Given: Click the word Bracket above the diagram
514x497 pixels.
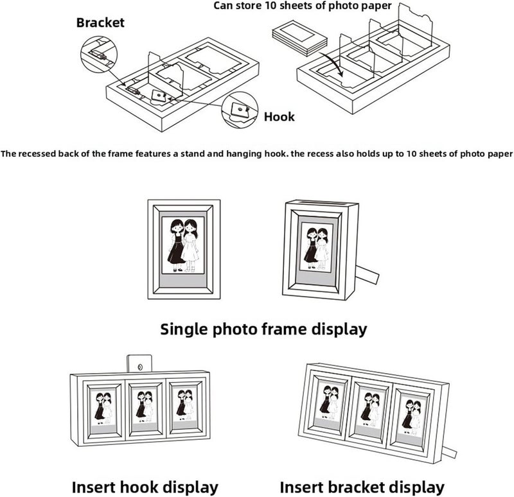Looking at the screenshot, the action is [x=100, y=22].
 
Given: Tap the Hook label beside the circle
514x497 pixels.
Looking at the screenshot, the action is [x=279, y=117].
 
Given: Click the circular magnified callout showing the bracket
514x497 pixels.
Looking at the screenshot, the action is [x=99, y=55].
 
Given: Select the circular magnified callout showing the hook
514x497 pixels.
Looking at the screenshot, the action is [x=240, y=110].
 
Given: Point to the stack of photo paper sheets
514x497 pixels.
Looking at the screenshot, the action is [x=299, y=37].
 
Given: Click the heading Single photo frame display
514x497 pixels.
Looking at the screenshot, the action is [x=263, y=329].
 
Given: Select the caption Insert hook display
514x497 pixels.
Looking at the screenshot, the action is [x=145, y=487].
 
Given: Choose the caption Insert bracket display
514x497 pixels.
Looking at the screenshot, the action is [x=362, y=487].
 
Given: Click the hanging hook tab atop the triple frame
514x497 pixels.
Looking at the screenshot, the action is [x=139, y=363].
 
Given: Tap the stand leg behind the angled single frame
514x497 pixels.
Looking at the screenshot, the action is [x=367, y=274].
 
